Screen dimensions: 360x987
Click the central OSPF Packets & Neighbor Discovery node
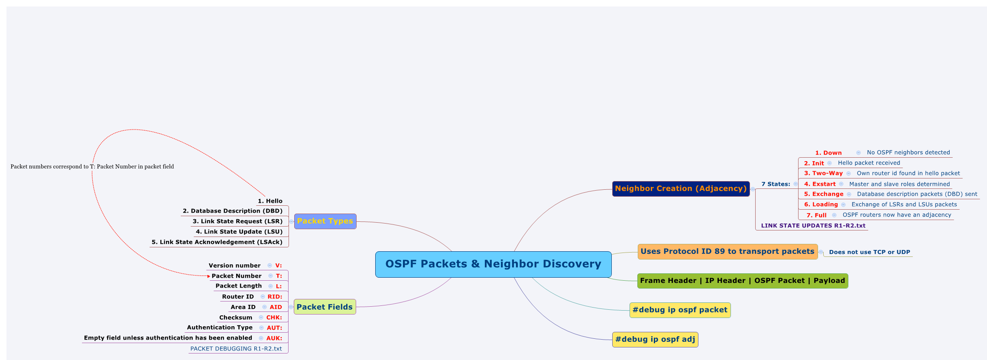click(x=493, y=264)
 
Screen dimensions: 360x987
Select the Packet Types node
click(x=325, y=221)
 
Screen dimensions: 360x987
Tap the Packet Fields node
click(x=325, y=307)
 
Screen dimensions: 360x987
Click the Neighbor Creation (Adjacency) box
click(x=681, y=189)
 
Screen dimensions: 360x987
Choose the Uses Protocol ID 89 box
click(x=727, y=252)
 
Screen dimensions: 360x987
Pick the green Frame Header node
click(x=742, y=281)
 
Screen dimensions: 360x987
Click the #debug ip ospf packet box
click(x=680, y=310)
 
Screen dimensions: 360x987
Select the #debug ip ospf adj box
click(x=655, y=340)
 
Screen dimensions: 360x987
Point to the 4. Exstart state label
click(x=820, y=184)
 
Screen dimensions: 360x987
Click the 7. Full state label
click(x=816, y=215)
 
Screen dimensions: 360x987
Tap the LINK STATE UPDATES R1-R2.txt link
click(x=813, y=226)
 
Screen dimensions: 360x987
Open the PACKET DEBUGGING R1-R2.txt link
click(x=236, y=349)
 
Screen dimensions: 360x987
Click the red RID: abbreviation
click(x=275, y=297)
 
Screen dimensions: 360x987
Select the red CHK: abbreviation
click(x=274, y=318)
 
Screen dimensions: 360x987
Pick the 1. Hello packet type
click(x=270, y=201)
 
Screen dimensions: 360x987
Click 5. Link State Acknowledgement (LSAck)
click(x=217, y=242)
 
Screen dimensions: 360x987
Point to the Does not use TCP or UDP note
click(x=869, y=252)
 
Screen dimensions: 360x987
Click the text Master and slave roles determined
click(x=899, y=184)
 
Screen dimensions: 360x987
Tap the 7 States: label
click(x=776, y=184)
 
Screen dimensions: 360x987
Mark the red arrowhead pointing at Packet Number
click(x=209, y=276)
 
